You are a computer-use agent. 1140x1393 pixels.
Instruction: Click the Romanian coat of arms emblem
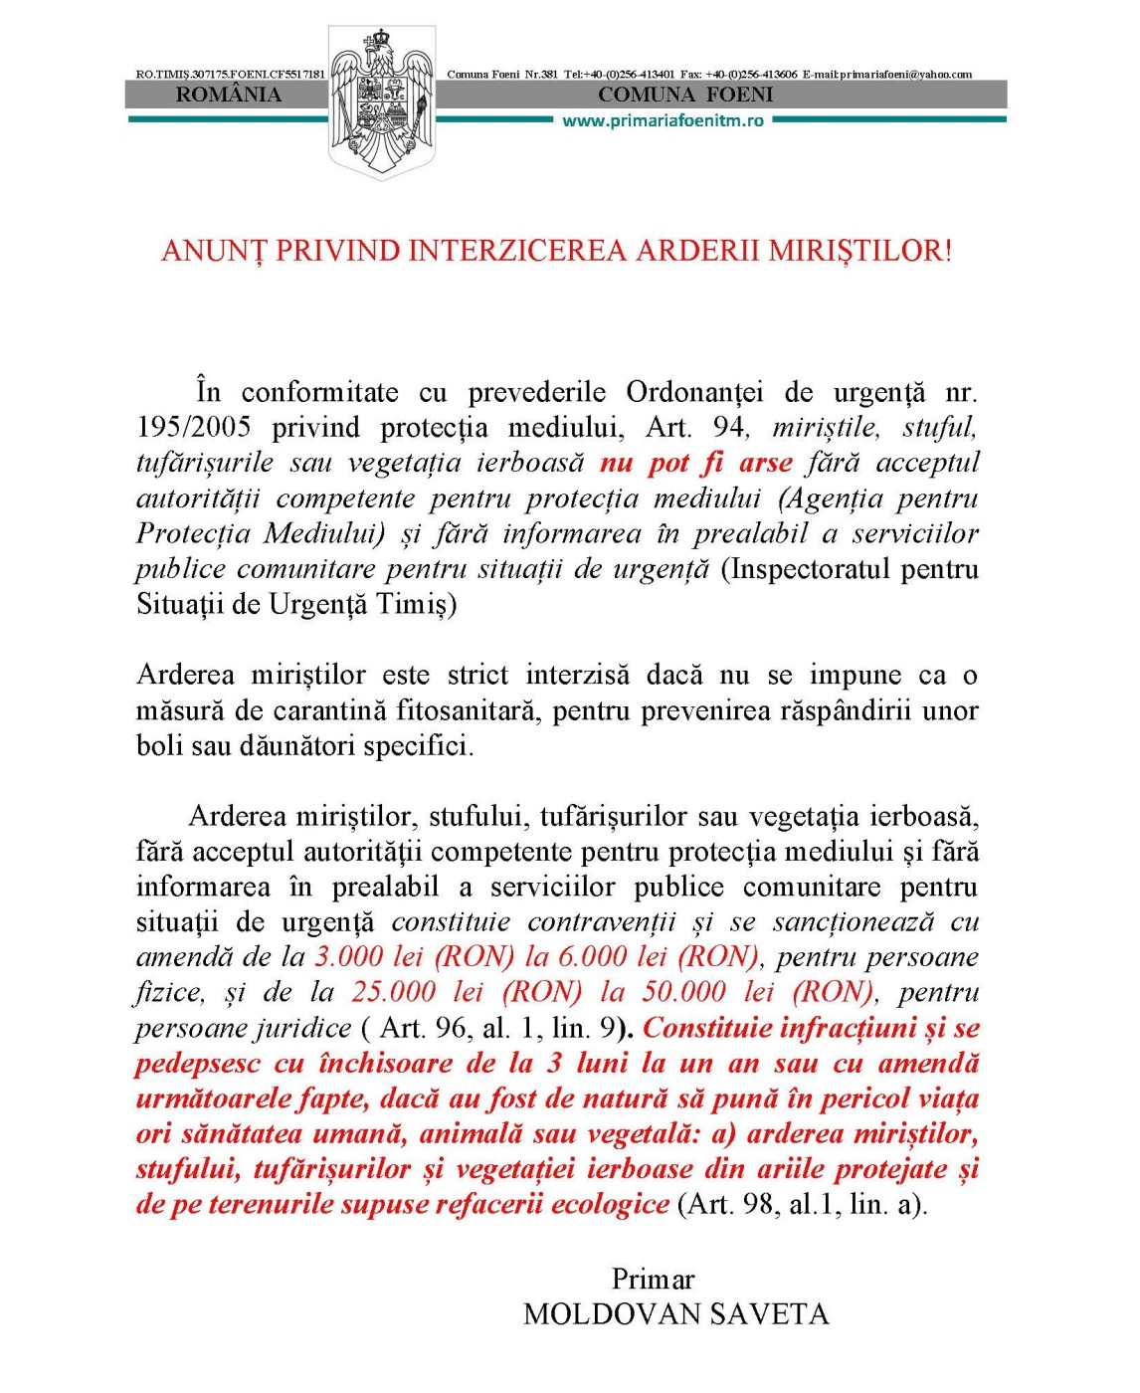click(x=382, y=102)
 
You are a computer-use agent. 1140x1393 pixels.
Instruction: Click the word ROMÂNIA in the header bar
click(x=229, y=96)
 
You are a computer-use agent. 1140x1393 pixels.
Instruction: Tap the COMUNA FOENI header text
click(x=685, y=96)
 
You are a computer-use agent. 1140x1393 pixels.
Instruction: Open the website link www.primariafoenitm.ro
click(x=663, y=120)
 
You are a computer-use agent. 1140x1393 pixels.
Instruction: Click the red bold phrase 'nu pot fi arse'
click(x=695, y=463)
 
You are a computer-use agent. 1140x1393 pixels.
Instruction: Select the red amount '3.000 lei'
click(x=369, y=957)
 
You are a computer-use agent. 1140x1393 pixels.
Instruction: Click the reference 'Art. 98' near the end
click(x=728, y=1205)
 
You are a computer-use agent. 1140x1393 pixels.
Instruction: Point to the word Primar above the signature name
click(x=653, y=1280)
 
